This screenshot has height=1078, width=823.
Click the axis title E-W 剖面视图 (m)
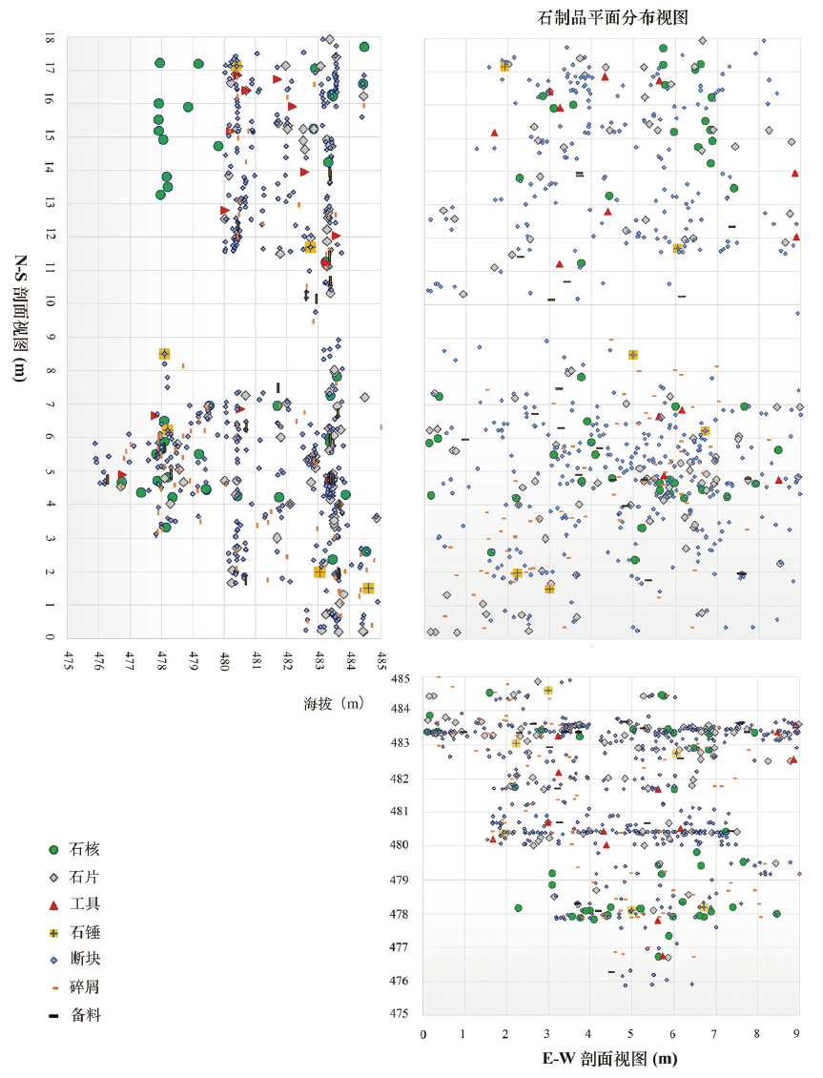610,1059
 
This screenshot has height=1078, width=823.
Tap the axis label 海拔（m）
335,704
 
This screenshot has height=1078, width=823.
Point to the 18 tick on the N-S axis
49,39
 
